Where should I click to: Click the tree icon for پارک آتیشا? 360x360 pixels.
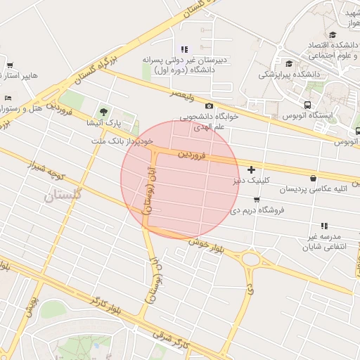(104, 111)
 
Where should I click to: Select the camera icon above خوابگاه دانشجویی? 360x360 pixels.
(209, 105)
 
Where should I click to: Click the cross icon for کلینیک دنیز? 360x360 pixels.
(251, 169)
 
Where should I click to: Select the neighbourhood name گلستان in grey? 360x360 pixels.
(63, 197)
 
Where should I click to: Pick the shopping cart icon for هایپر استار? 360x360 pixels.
(10, 65)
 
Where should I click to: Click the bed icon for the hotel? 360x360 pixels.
(7, 98)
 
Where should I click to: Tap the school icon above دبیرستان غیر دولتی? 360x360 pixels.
(184, 49)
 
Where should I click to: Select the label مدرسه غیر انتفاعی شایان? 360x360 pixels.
(323, 242)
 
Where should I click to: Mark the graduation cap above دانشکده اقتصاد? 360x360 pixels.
(332, 34)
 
